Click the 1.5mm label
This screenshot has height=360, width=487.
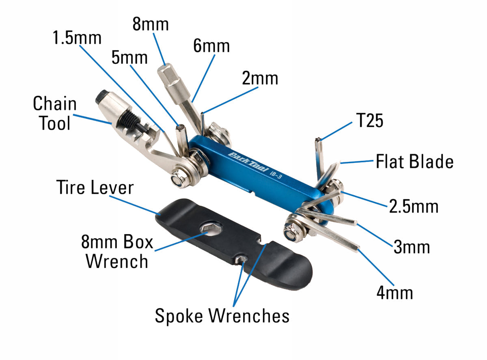click(x=77, y=38)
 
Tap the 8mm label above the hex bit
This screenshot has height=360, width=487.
click(x=150, y=24)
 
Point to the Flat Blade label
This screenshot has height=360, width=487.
click(x=414, y=162)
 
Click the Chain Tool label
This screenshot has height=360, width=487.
click(x=55, y=113)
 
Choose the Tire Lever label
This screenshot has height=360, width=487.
click(x=94, y=188)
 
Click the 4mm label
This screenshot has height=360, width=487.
click(x=394, y=292)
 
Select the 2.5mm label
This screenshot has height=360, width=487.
click(x=414, y=207)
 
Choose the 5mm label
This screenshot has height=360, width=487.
click(x=129, y=58)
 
